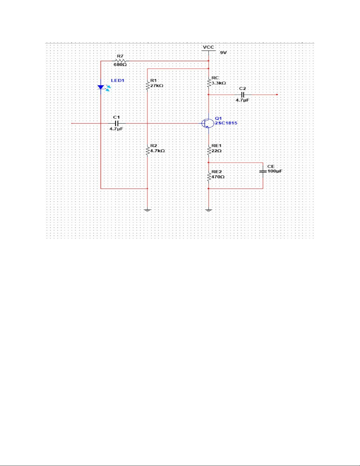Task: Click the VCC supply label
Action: pos(208,47)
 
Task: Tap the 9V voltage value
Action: pos(223,53)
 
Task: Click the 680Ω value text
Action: pos(120,65)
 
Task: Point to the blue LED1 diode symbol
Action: pos(101,87)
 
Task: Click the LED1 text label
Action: pos(118,81)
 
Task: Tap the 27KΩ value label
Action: pos(157,86)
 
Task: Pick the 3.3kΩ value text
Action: pos(219,83)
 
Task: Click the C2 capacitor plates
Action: pos(242,95)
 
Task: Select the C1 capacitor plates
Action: pos(116,123)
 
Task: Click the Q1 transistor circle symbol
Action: pos(208,123)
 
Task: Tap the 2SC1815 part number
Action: pos(226,123)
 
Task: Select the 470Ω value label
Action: pos(218,177)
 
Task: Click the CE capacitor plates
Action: pos(263,171)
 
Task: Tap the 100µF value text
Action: pos(275,171)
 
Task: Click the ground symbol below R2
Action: pos(148,210)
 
